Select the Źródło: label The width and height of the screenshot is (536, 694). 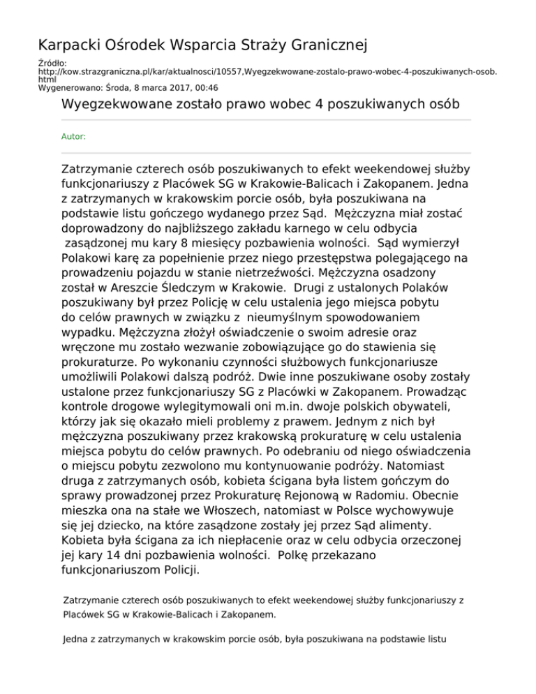click(x=52, y=64)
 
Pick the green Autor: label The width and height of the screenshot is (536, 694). click(x=74, y=137)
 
